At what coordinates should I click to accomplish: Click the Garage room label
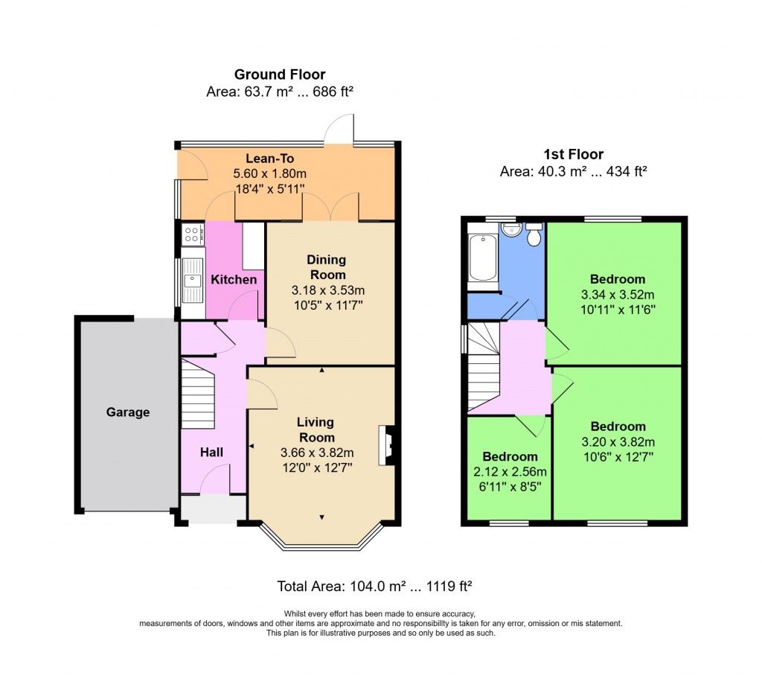tap(127, 412)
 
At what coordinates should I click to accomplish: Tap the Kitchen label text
tap(234, 280)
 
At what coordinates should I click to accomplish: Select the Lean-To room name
tap(270, 159)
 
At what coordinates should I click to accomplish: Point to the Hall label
tap(211, 452)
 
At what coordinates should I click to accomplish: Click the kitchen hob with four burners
tap(192, 234)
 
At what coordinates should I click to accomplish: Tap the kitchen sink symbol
tap(193, 280)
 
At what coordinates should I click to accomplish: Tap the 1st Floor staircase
tap(483, 365)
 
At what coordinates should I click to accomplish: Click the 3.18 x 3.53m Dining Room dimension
tap(327, 290)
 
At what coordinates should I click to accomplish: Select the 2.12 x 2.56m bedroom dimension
tap(510, 472)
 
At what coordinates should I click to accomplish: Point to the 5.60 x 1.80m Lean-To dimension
tap(270, 173)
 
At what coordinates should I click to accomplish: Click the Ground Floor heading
tap(280, 74)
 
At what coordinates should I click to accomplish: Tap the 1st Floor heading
tap(573, 155)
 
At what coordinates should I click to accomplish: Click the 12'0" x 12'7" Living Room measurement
tap(316, 467)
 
